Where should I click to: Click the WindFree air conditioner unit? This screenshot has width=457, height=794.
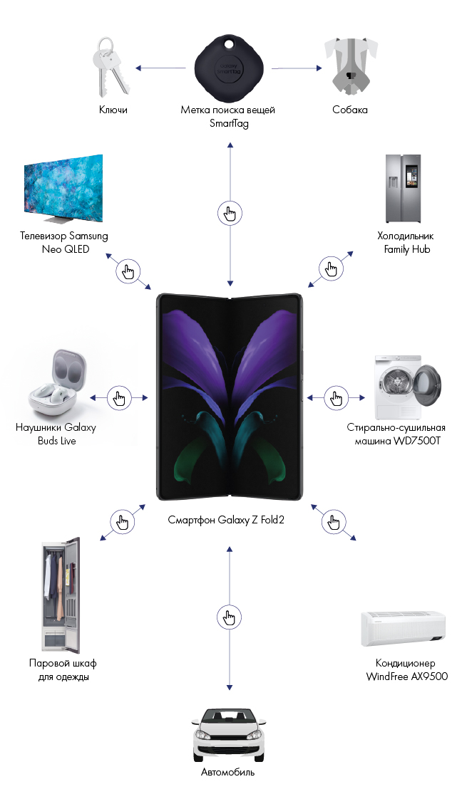tap(407, 627)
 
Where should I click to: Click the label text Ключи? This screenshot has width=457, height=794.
tap(113, 110)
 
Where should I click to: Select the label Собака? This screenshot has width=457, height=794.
tap(350, 110)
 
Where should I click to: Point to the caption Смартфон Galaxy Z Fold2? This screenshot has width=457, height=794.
tap(227, 521)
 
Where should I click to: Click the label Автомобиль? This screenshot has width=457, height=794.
tap(227, 772)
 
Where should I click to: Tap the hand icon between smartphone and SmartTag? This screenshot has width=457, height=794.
tap(230, 213)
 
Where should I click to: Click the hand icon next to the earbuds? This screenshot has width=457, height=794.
tap(119, 397)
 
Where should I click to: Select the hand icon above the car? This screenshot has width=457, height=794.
tap(229, 617)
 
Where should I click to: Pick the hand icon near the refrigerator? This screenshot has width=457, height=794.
tap(330, 268)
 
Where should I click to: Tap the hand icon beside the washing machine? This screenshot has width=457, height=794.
tap(335, 397)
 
